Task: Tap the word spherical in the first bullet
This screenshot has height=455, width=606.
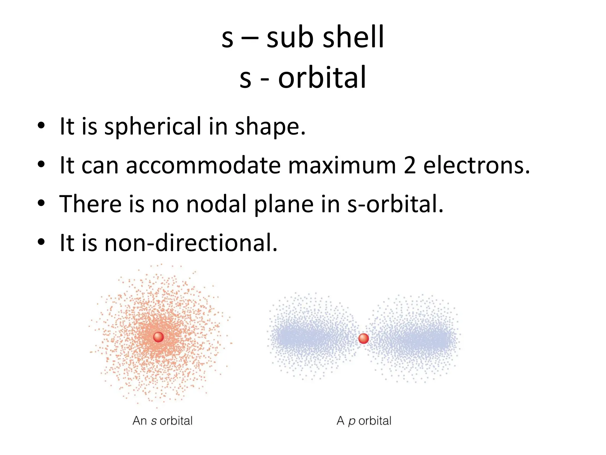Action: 153,126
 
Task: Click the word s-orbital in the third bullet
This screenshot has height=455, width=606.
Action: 395,204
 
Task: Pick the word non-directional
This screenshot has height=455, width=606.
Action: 191,243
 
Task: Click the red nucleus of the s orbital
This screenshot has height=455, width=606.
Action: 159,337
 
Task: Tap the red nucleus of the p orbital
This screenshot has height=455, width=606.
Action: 363,338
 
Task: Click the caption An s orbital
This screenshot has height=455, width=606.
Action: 162,421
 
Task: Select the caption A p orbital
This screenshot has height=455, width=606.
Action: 364,421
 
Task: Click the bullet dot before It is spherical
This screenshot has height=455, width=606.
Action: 41,126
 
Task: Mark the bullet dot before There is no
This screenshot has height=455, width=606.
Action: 41,204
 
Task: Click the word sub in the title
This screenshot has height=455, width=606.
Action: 290,37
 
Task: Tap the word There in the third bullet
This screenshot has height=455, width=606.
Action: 91,204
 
